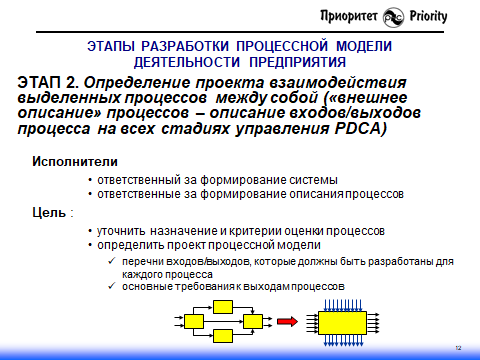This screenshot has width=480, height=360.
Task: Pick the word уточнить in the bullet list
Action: tap(126, 230)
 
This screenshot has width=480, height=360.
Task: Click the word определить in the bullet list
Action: tap(132, 245)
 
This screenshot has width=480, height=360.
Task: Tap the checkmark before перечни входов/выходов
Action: tap(111, 261)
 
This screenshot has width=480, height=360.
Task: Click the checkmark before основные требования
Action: tap(111, 287)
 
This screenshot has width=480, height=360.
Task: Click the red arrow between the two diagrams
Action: tap(288, 321)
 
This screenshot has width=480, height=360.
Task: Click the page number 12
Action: tap(457, 347)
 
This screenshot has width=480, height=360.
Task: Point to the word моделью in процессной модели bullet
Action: tap(297, 245)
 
